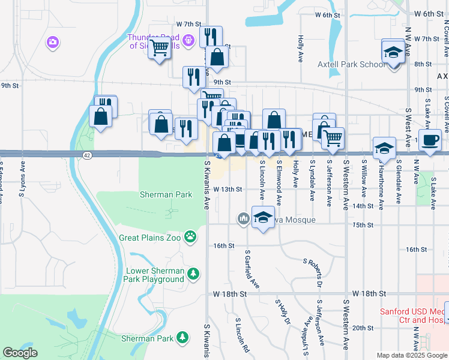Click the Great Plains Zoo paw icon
[x=190, y=237]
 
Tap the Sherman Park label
[x=166, y=194]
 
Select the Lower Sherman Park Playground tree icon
[x=193, y=274]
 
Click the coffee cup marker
[x=430, y=140]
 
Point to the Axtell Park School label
[x=360, y=64]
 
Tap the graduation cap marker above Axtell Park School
[x=393, y=52]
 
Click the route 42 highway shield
[x=88, y=155]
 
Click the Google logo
[x=20, y=353]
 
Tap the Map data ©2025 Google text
[x=412, y=355]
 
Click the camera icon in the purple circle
[x=53, y=41]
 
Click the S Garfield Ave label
[x=252, y=271]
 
